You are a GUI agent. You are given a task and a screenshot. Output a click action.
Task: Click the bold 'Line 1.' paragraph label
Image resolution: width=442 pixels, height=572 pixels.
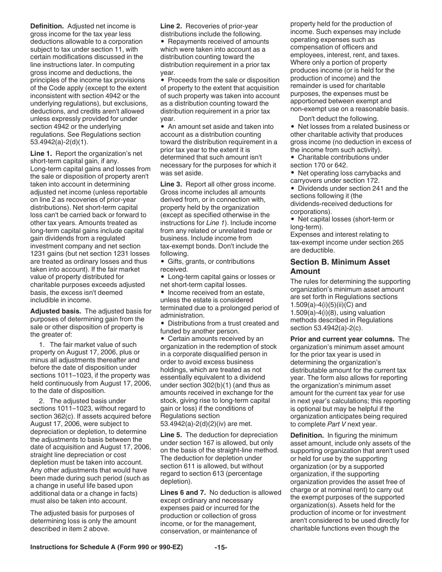(x=42, y=153)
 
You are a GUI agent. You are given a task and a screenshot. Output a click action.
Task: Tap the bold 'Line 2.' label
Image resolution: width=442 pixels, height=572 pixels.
(x=171, y=26)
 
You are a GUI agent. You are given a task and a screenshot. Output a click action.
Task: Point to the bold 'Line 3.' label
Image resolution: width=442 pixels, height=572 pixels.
(x=171, y=184)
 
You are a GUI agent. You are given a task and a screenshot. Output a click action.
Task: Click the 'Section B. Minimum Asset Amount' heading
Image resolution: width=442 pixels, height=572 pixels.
(x=340, y=266)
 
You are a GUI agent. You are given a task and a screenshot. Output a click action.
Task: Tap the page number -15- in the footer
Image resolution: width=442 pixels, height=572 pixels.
(x=221, y=547)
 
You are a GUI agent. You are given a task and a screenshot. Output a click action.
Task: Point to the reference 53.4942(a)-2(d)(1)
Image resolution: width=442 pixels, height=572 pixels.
(x=59, y=142)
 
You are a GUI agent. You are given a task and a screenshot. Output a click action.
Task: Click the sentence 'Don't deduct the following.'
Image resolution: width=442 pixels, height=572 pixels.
(x=338, y=119)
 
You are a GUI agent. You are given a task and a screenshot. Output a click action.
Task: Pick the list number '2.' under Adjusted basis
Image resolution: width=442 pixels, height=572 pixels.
(x=43, y=401)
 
